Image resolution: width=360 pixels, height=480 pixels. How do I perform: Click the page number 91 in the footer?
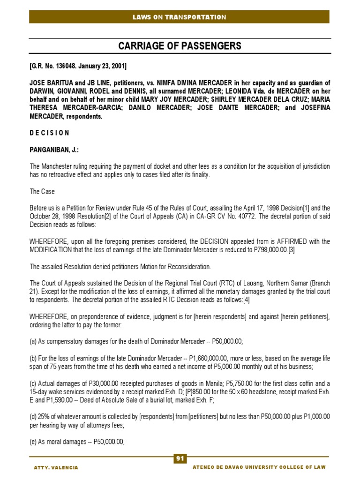[180, 458]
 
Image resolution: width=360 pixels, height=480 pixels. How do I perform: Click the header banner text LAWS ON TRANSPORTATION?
[180, 17]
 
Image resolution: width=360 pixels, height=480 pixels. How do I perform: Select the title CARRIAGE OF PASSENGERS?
[180, 46]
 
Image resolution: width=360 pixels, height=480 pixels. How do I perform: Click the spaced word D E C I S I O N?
[50, 133]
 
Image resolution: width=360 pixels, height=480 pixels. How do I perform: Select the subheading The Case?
[42, 192]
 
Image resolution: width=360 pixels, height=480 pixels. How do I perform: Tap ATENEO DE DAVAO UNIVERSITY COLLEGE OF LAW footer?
[259, 468]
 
